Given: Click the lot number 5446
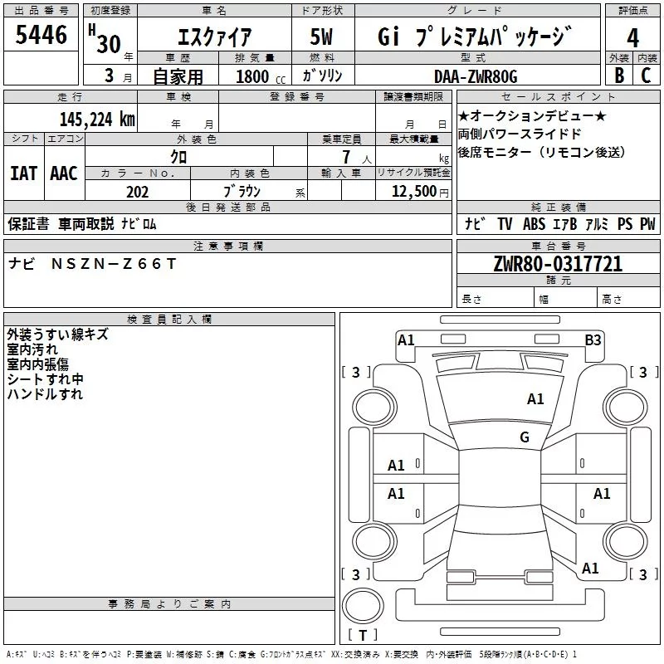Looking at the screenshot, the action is (41, 34).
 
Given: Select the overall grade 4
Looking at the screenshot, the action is (632, 37).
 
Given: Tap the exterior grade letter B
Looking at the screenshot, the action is (619, 75).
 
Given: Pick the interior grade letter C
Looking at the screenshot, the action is (646, 75).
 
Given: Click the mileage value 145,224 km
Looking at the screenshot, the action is (97, 120).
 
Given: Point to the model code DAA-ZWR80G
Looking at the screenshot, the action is (476, 76).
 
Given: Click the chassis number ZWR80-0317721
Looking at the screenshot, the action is (558, 264).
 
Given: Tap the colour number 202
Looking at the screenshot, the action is (137, 192).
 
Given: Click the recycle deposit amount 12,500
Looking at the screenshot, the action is (413, 192).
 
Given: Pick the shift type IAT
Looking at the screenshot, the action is (23, 173).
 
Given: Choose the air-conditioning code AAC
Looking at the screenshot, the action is (64, 173).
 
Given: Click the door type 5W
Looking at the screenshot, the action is (321, 37).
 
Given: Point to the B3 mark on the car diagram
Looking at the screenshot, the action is (593, 340).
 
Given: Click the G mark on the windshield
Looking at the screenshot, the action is (525, 437).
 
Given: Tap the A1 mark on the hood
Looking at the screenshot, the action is (535, 399).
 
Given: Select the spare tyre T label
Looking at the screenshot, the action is (363, 635).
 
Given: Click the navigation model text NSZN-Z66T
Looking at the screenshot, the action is (114, 264).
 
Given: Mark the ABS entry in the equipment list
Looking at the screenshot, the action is (534, 223).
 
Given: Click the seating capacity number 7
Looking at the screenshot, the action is (346, 157).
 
